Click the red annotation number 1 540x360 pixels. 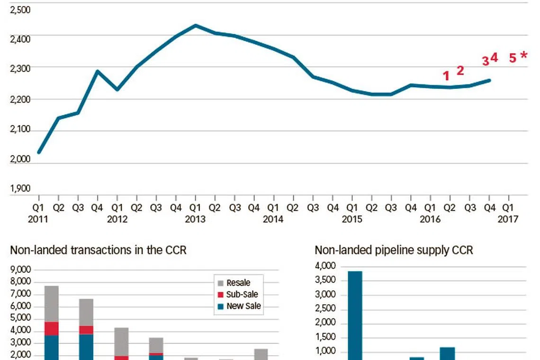[446, 76]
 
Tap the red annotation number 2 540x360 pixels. [460, 71]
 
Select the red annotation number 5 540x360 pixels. [513, 59]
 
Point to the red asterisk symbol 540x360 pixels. [523, 56]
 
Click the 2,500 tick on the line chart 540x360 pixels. [20, 9]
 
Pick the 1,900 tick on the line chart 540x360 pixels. [20, 189]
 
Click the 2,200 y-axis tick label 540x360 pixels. [20, 99]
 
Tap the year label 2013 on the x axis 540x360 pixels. [195, 219]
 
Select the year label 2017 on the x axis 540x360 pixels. [509, 219]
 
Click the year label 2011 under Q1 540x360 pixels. [38, 219]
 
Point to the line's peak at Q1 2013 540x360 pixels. [195, 25]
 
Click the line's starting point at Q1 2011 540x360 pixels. [39, 152]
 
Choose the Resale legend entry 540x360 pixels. [238, 283]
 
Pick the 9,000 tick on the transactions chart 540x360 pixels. [21, 270]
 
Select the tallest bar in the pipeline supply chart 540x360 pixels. [355, 315]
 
